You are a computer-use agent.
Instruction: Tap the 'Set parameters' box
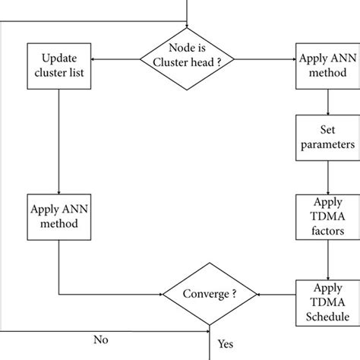[327, 136]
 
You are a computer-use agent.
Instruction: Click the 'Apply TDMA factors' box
[327, 216]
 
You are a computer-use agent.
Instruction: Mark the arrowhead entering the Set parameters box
[327, 112]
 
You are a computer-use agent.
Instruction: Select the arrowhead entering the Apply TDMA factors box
[327, 191]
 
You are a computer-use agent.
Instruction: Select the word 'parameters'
[327, 143]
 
